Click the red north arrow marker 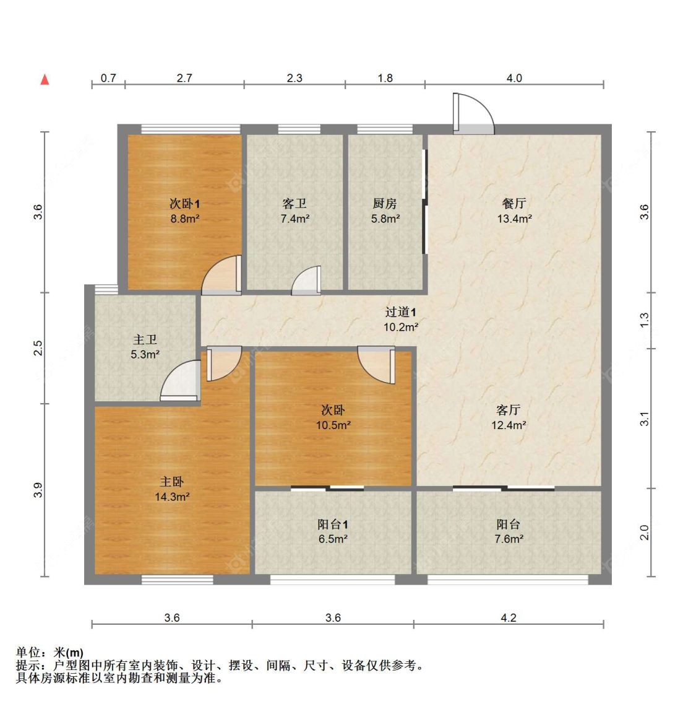pyautogui.click(x=45, y=80)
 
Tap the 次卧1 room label pyautogui.click(x=184, y=204)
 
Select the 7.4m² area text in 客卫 pyautogui.click(x=294, y=219)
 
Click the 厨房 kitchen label pyautogui.click(x=385, y=204)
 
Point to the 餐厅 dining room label pyautogui.click(x=514, y=204)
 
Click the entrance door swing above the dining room pyautogui.click(x=473, y=114)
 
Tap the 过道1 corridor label pyautogui.click(x=400, y=312)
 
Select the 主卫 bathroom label pyautogui.click(x=145, y=340)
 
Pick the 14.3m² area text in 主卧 pyautogui.click(x=171, y=497)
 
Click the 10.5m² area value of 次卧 pyautogui.click(x=333, y=425)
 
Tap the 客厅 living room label pyautogui.click(x=508, y=410)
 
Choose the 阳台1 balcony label pyautogui.click(x=333, y=524)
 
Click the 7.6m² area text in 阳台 pyautogui.click(x=509, y=539)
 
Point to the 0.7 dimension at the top pyautogui.click(x=108, y=78)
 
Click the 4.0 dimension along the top pyautogui.click(x=514, y=78)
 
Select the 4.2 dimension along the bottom pyautogui.click(x=508, y=617)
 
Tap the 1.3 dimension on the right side pyautogui.click(x=644, y=320)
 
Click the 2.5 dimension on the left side pyautogui.click(x=38, y=348)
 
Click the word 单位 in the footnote pyautogui.click(x=28, y=653)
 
